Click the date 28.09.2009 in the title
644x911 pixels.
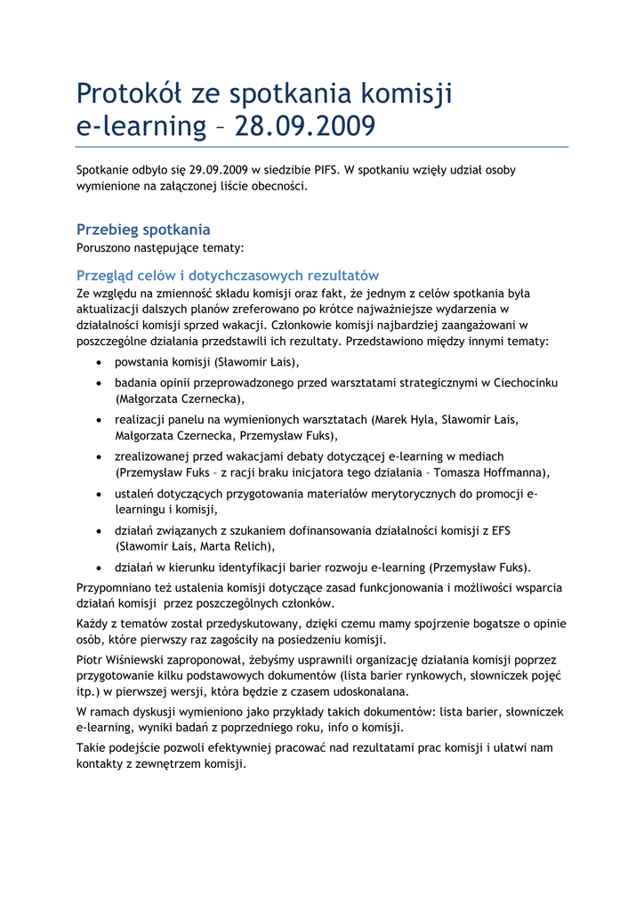(304, 126)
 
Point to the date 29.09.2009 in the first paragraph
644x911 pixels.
(219, 169)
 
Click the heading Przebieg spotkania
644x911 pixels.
(143, 230)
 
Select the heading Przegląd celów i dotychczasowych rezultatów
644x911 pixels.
(228, 275)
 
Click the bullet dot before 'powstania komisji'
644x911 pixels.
(99, 362)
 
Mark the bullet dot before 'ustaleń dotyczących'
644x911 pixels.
(99, 494)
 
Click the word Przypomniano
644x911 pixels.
(118, 587)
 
